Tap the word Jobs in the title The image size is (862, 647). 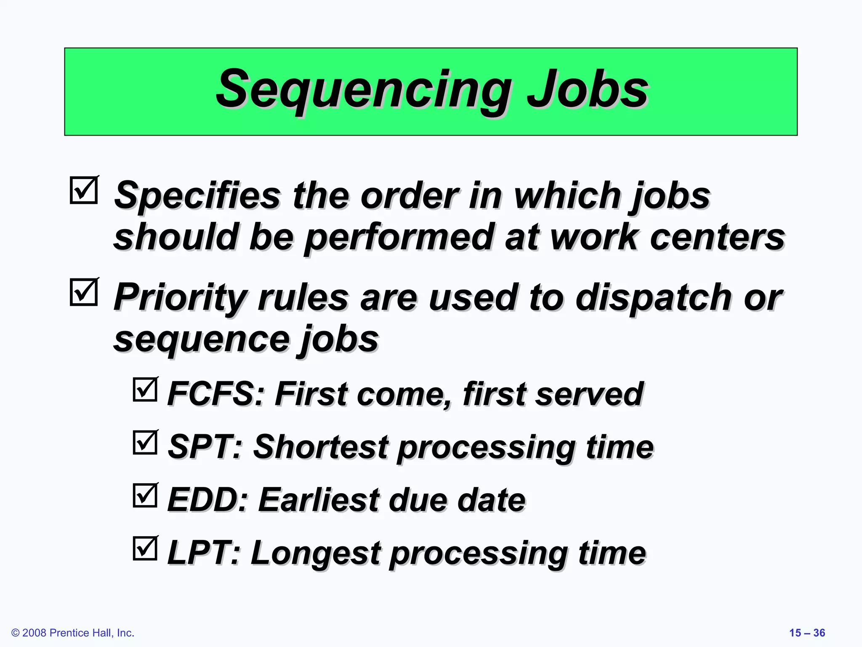click(x=587, y=89)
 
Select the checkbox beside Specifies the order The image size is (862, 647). click(x=84, y=190)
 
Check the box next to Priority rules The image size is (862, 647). click(x=84, y=292)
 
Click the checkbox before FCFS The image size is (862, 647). click(x=145, y=389)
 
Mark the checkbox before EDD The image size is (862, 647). click(x=145, y=495)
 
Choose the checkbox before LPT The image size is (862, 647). click(x=145, y=548)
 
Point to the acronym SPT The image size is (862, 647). click(x=205, y=447)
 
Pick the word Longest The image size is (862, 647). click(x=316, y=553)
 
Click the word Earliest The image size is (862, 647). click(x=318, y=500)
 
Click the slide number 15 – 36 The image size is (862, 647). click(x=807, y=633)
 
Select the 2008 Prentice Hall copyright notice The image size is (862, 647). click(x=73, y=633)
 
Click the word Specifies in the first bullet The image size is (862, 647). click(x=197, y=196)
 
